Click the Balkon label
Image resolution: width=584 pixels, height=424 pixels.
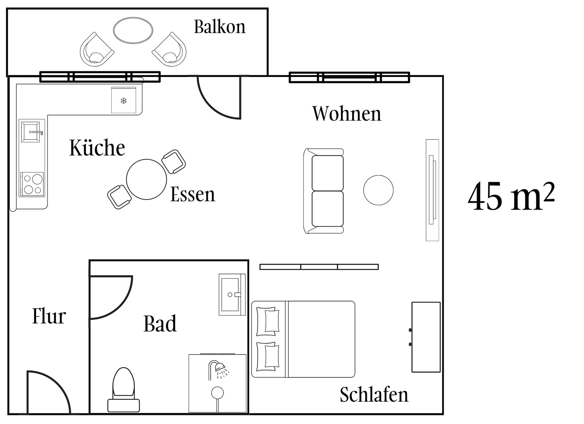pyautogui.click(x=219, y=27)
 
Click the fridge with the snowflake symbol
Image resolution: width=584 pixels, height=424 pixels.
pyautogui.click(x=124, y=101)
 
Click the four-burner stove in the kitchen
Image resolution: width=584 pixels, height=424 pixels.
pyautogui.click(x=32, y=184)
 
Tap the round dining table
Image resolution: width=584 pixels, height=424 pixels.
pyautogui.click(x=146, y=179)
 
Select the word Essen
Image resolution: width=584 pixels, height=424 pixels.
pyautogui.click(x=192, y=194)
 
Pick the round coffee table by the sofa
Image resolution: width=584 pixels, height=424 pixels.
pyautogui.click(x=378, y=190)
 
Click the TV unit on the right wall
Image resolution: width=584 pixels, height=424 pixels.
pyautogui.click(x=432, y=190)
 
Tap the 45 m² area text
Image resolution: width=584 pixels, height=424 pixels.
pyautogui.click(x=511, y=196)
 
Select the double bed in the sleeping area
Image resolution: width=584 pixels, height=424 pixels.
pyautogui.click(x=303, y=339)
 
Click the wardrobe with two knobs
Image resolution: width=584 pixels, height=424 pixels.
pyautogui.click(x=426, y=337)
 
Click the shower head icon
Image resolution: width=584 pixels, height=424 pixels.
pyautogui.click(x=218, y=369)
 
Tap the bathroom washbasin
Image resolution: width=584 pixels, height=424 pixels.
pyautogui.click(x=232, y=294)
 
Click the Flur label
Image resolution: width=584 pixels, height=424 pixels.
pyautogui.click(x=49, y=316)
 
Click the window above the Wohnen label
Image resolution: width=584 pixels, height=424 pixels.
pyautogui.click(x=349, y=77)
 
